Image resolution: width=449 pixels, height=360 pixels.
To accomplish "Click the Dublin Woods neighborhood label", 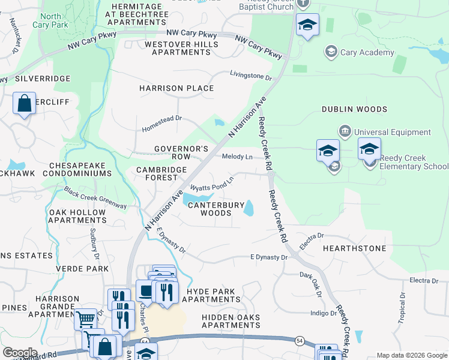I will click(354, 109).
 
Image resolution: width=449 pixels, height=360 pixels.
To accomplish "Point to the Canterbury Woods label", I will click(215, 209).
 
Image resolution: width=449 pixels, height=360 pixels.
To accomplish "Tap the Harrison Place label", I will click(176, 88).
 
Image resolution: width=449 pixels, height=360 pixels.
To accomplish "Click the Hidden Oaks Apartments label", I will click(231, 321).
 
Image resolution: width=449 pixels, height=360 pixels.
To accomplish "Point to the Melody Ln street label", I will click(237, 157).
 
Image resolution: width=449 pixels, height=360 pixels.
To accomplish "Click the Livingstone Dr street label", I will click(251, 76).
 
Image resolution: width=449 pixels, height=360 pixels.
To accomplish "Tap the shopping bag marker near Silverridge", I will click(24, 103).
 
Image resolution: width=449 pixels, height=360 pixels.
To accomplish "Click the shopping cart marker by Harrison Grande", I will click(86, 319).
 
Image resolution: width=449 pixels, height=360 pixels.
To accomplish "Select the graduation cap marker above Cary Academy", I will click(307, 25).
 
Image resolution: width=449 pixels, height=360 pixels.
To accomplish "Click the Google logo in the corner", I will click(19, 353).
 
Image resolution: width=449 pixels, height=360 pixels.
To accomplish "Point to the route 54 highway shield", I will click(145, 341).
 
